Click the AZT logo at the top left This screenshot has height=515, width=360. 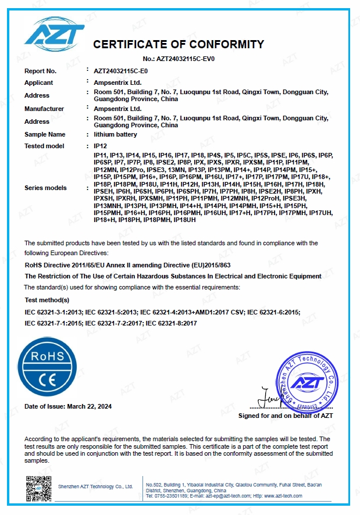(50, 33)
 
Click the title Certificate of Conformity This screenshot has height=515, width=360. (179, 45)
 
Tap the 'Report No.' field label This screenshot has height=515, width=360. (40, 71)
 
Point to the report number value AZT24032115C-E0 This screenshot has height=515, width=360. (121, 71)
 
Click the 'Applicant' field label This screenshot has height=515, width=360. (38, 83)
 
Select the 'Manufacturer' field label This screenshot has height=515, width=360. (44, 109)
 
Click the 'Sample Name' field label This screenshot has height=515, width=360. (44, 134)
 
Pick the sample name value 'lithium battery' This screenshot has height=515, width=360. (115, 134)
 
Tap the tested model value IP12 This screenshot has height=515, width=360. (100, 146)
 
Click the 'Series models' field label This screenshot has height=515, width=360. (45, 188)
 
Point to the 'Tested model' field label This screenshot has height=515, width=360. (44, 146)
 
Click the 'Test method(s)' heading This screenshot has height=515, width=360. (47, 300)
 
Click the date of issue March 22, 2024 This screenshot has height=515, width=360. (68, 406)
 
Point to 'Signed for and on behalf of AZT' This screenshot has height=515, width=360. (286, 416)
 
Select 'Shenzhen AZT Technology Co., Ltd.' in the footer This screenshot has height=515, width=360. (96, 487)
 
